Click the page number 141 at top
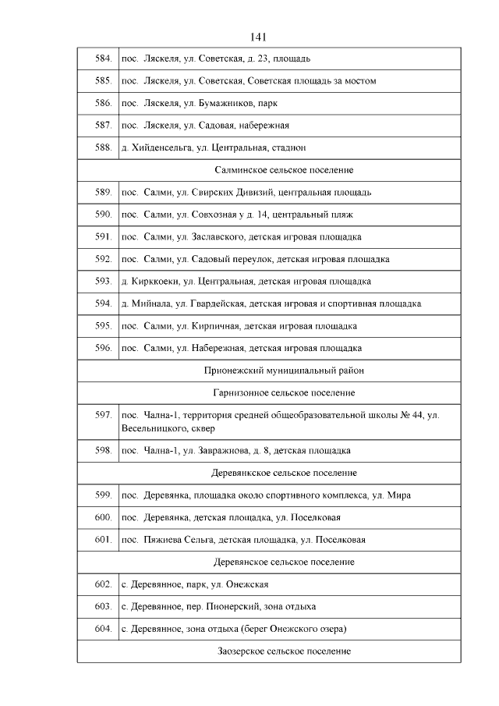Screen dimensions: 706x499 260,37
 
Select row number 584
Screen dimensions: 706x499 103,59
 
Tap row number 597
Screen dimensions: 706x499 103,415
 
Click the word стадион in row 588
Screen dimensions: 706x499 288,147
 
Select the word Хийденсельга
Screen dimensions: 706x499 160,147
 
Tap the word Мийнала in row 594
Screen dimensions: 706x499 149,303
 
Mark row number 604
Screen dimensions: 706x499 103,628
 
